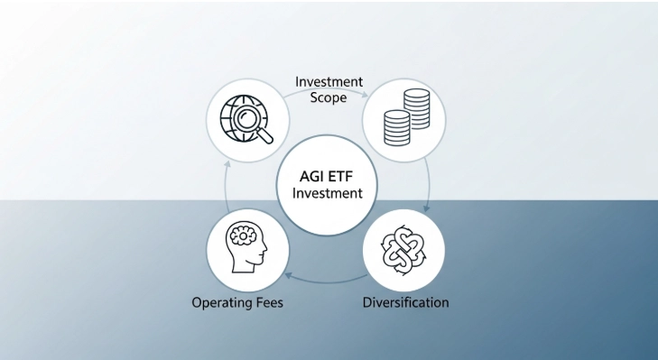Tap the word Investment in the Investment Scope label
[x=329, y=82]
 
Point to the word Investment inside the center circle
[x=327, y=193]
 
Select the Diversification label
[x=405, y=302]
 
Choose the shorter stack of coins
[x=396, y=129]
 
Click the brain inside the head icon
[x=245, y=236]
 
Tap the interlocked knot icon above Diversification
[x=404, y=249]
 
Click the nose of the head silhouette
[x=266, y=250]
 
